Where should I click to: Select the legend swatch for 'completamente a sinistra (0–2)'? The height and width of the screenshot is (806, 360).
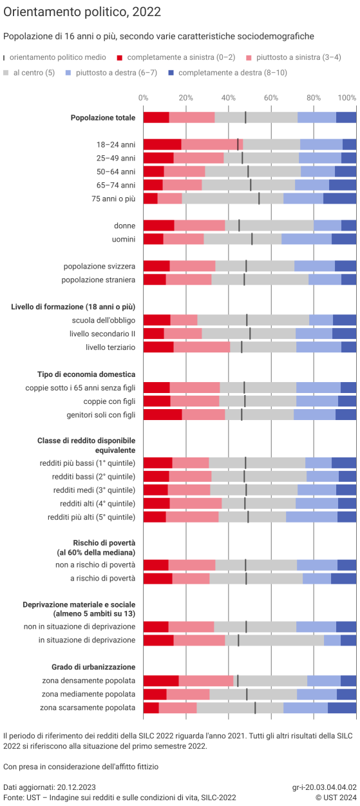[x=120, y=57]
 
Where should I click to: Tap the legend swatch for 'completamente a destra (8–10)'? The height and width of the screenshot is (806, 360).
[x=171, y=73]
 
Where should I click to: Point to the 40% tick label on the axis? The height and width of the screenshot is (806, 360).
[x=228, y=97]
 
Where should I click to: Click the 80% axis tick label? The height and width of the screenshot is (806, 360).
[x=314, y=97]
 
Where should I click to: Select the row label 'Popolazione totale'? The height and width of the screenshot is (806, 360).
[x=103, y=118]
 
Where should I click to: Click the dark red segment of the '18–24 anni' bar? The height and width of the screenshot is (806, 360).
[x=162, y=144]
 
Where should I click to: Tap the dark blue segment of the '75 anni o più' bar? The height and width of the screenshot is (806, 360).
[x=339, y=198]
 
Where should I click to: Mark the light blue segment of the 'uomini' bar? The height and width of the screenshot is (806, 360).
[x=307, y=239]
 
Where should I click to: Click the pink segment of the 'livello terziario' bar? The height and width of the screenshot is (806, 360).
[x=202, y=347]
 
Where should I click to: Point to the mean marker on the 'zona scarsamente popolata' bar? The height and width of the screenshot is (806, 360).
[x=255, y=707]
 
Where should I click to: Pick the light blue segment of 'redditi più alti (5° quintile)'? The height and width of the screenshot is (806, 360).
[x=312, y=517]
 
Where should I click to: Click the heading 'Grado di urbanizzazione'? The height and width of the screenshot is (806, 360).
[x=93, y=667]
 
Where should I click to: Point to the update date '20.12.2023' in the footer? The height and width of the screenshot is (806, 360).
[x=78, y=787]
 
